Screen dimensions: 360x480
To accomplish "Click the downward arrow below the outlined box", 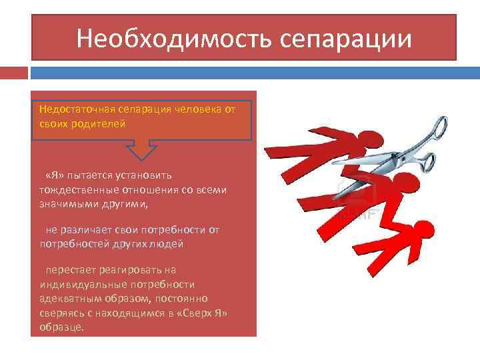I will (143, 150).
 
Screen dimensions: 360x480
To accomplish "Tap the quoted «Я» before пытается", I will (55, 175).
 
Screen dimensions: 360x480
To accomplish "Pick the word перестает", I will (69, 270).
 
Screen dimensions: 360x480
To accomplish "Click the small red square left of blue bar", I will (13, 71).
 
